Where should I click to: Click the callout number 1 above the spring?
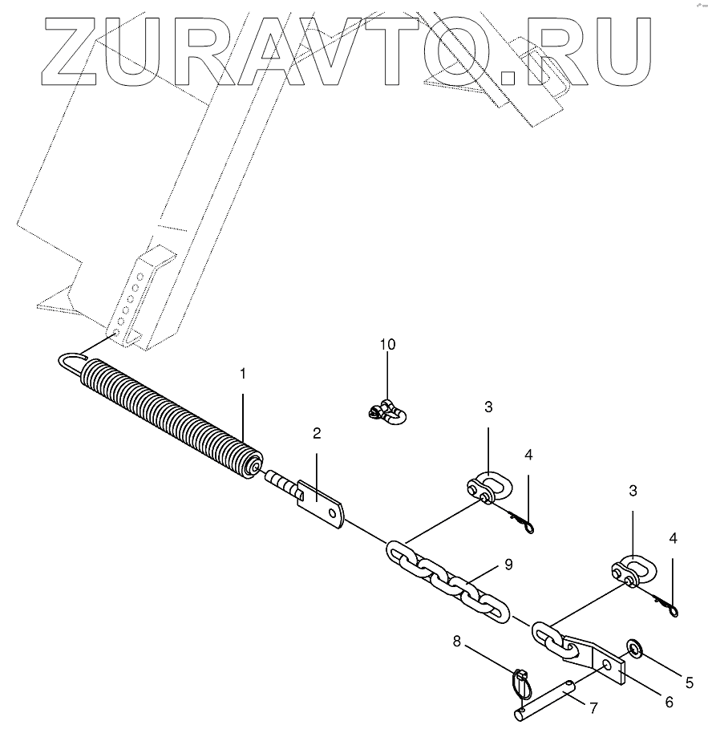point(242,374)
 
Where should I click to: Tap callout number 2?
point(317,434)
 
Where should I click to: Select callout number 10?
point(387,345)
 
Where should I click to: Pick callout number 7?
point(593,708)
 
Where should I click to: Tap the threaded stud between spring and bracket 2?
point(280,484)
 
